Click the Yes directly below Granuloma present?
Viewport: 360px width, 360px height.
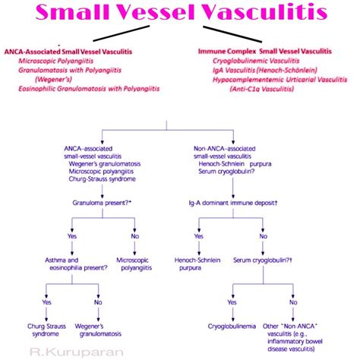(x=73, y=236)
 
